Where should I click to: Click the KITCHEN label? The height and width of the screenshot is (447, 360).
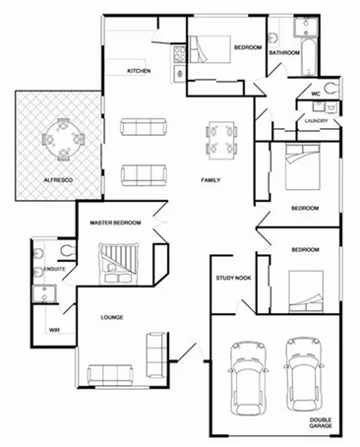[139, 72]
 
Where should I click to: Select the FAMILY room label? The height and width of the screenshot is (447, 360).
[210, 180]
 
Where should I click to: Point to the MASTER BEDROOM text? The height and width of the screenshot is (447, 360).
[116, 223]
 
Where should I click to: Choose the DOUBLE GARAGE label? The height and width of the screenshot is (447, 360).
[321, 423]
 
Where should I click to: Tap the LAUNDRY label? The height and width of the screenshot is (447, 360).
[316, 121]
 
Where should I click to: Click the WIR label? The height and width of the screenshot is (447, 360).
[41, 331]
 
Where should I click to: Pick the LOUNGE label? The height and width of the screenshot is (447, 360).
[111, 317]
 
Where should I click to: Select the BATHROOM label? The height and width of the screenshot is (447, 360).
[284, 52]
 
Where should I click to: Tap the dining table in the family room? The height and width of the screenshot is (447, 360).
[221, 137]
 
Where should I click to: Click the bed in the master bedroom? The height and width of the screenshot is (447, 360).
[116, 261]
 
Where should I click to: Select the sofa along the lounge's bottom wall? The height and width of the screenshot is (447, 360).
[111, 374]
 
